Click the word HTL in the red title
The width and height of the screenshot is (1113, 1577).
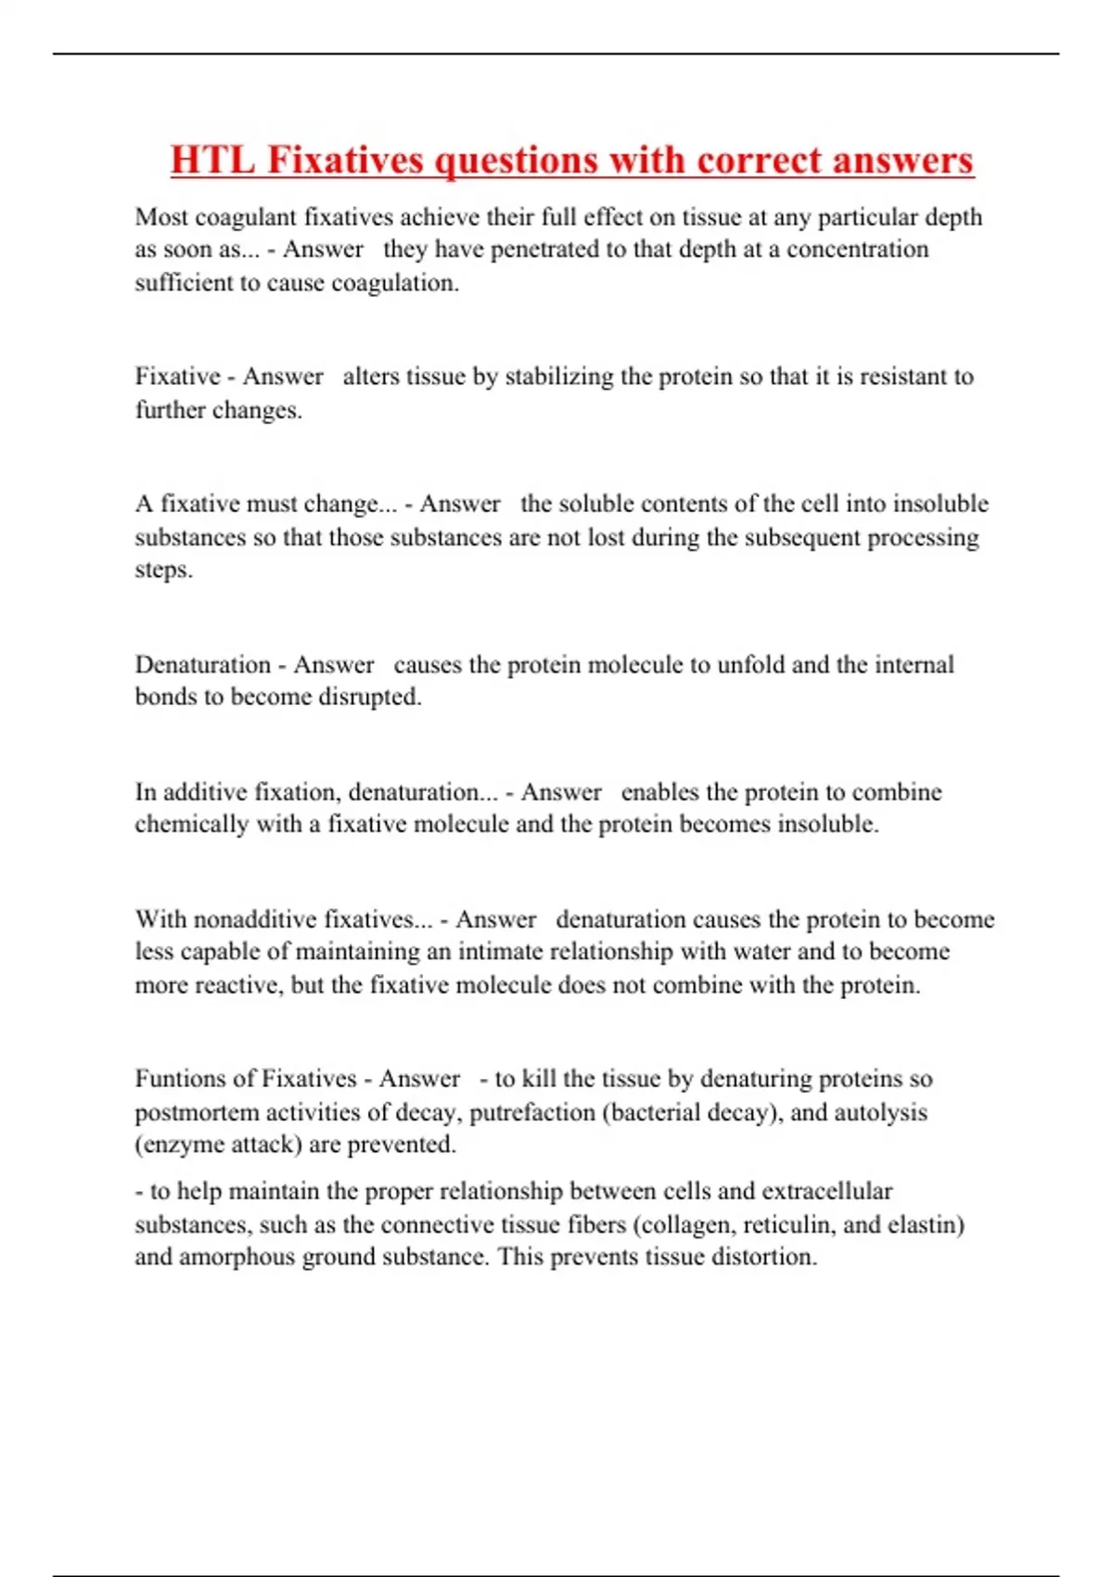pos(212,160)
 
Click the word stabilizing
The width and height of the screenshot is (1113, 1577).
pos(559,377)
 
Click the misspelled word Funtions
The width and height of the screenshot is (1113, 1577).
pos(182,1079)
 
